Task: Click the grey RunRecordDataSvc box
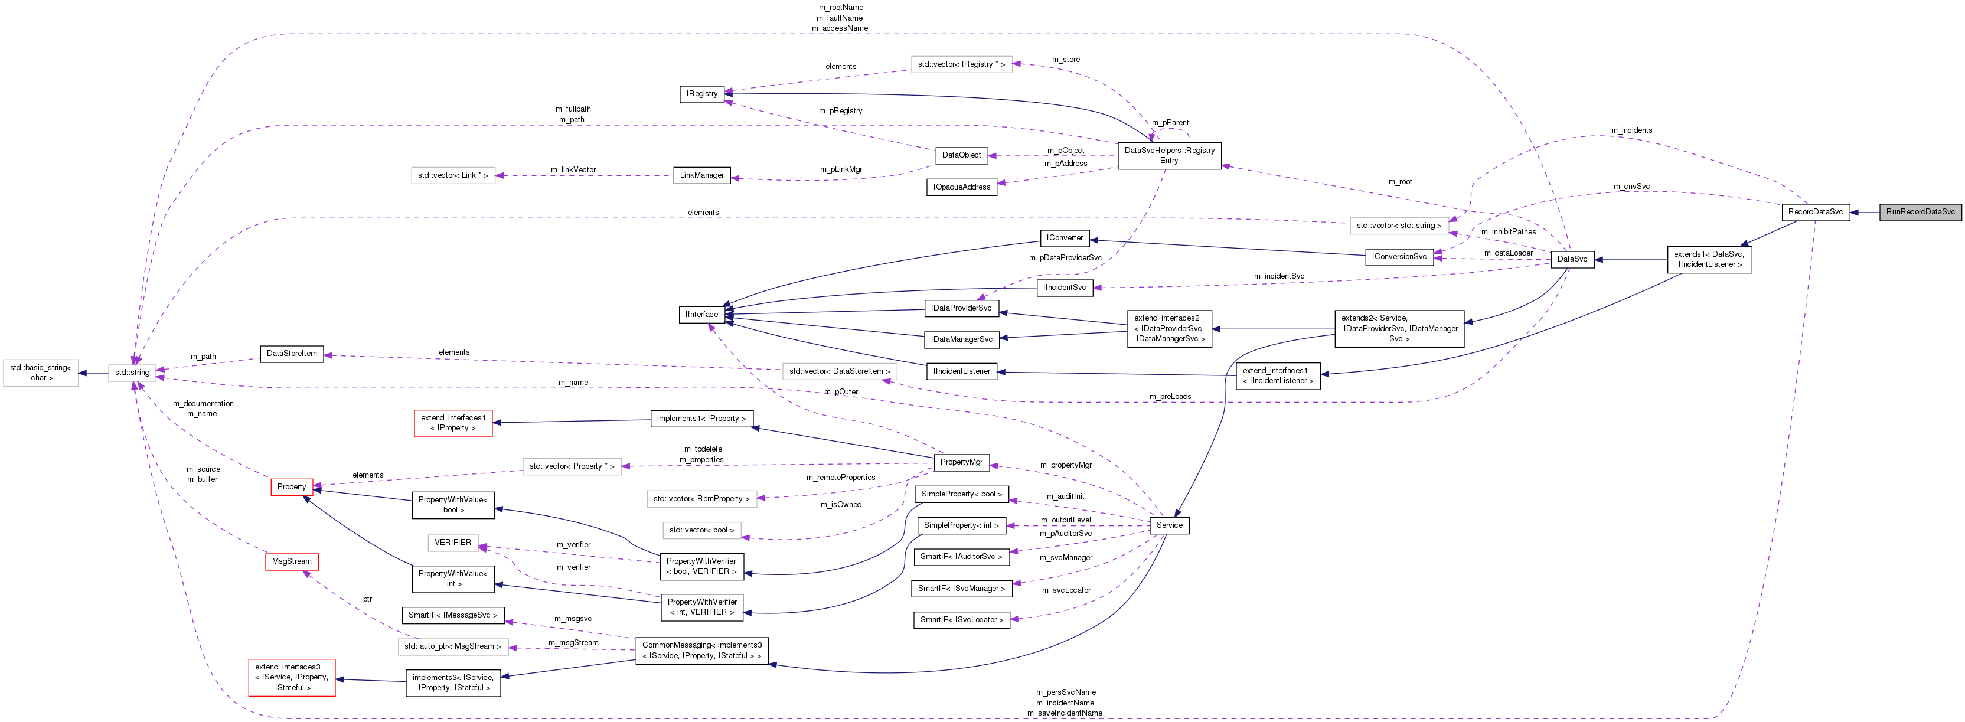[1920, 212]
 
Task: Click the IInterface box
[701, 314]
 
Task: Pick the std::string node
[132, 373]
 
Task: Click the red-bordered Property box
[292, 486]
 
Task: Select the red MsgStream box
[292, 561]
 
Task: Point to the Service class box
[1168, 525]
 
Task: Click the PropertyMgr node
[961, 462]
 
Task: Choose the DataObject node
[961, 155]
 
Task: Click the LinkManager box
[701, 175]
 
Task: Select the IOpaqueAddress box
[961, 187]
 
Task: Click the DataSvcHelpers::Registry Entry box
[1168, 155]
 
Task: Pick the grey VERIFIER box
[452, 542]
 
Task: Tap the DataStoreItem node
[292, 354]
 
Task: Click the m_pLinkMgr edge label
[841, 169]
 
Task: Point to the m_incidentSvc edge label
[1278, 276]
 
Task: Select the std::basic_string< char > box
[40, 373]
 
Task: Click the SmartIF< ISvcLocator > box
[961, 620]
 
